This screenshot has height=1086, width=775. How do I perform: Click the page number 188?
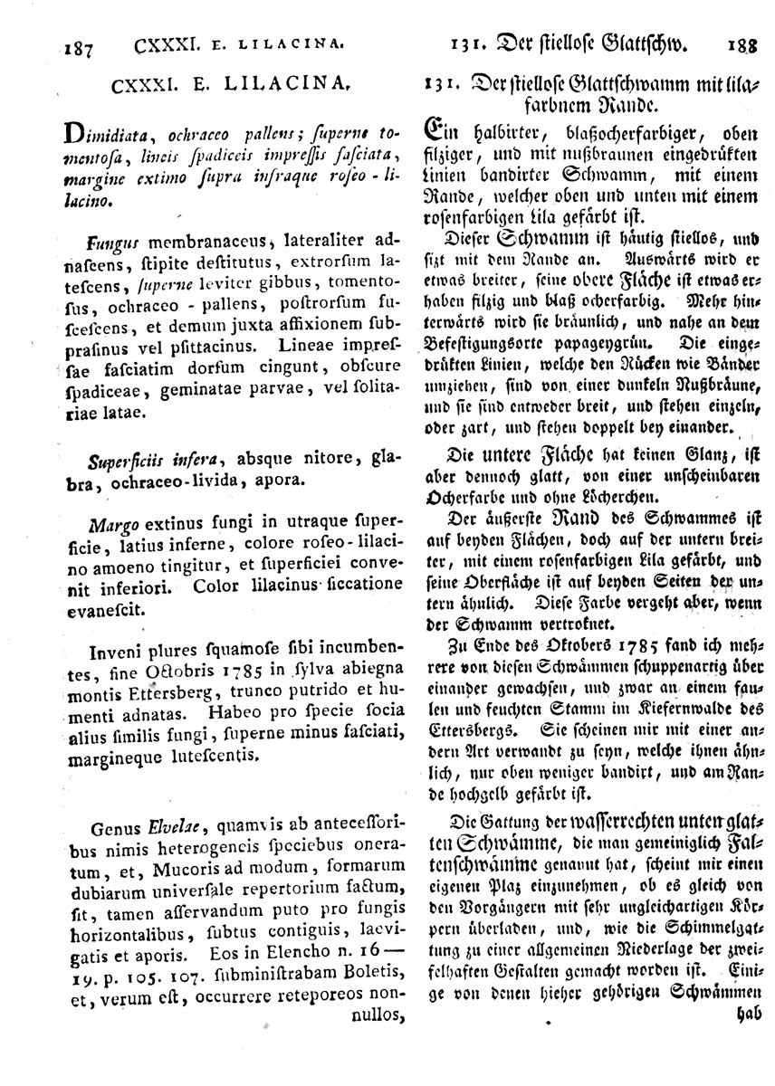coord(742,41)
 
